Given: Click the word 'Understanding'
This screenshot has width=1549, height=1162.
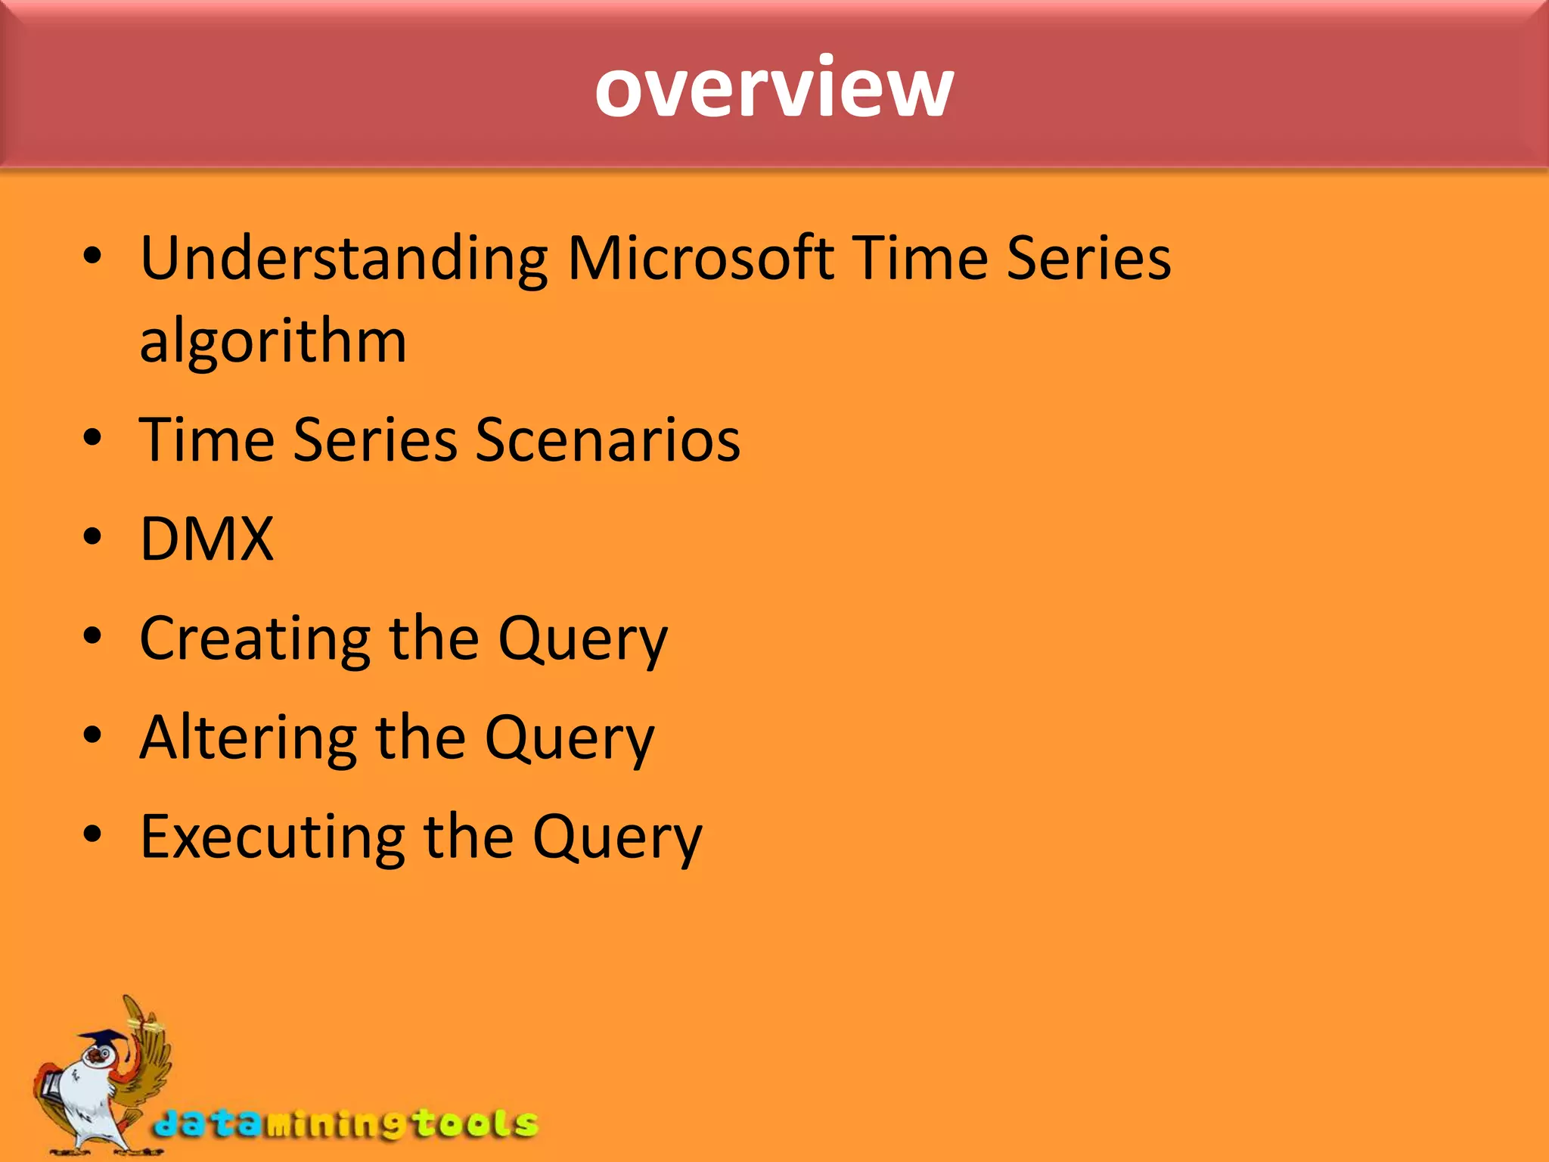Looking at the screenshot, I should (344, 259).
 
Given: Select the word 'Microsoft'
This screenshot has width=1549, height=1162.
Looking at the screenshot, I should (700, 259).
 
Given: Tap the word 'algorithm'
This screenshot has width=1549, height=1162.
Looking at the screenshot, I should (273, 342).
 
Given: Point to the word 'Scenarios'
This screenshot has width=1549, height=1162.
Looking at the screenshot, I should (607, 440).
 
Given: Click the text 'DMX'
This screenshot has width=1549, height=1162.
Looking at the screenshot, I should (206, 539).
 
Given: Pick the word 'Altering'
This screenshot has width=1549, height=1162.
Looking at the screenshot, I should (248, 738).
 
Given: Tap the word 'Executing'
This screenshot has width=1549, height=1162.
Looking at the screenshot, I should (272, 837).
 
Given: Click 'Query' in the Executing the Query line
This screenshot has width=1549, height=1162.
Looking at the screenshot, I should (616, 839).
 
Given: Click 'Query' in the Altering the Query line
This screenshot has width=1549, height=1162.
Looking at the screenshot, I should (569, 740).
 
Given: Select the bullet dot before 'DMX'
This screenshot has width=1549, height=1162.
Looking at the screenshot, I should (92, 537).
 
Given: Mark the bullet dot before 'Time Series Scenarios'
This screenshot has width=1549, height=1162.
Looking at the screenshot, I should (92, 438).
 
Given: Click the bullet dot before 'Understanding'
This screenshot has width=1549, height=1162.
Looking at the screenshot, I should (92, 256).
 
